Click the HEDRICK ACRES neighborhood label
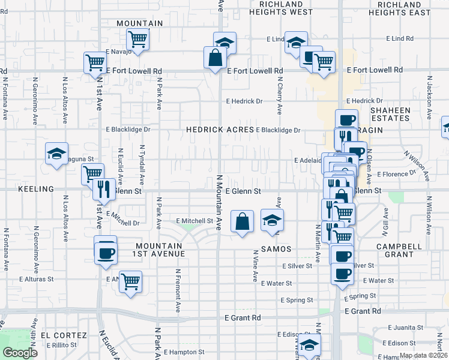click(x=220, y=130)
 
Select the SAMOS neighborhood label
click(x=276, y=248)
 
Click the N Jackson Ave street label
click(x=429, y=95)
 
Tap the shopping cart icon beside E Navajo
click(x=138, y=40)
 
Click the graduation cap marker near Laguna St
click(x=56, y=154)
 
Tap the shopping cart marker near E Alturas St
click(x=130, y=281)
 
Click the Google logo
click(x=20, y=352)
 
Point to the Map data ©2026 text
click(x=423, y=355)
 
